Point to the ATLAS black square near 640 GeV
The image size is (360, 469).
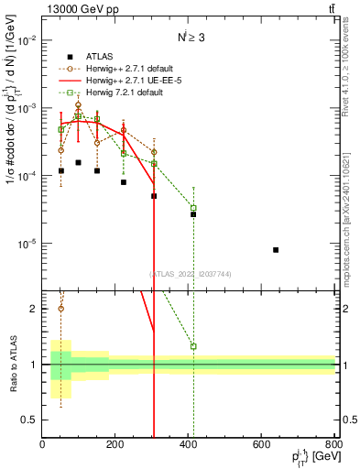click(276, 250)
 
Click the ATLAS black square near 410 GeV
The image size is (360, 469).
click(193, 214)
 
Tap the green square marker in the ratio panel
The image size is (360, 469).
click(193, 346)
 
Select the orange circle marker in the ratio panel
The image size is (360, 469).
click(61, 308)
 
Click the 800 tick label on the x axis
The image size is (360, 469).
click(335, 445)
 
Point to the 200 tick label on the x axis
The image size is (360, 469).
click(115, 445)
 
